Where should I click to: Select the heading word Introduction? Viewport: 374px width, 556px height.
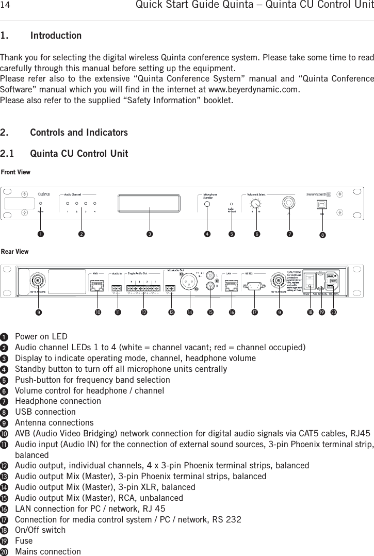(56, 36)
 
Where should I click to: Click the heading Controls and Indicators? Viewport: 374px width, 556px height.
(79, 133)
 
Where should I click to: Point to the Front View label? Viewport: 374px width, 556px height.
(15, 171)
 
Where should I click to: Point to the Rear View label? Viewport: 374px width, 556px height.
(14, 252)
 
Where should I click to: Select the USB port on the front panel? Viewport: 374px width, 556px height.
(322, 203)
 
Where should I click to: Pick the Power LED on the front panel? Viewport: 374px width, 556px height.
(41, 203)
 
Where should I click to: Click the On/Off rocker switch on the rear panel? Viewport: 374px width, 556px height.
(310, 281)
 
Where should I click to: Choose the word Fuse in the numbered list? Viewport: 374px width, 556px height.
(24, 541)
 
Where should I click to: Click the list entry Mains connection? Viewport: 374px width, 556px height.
(48, 551)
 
